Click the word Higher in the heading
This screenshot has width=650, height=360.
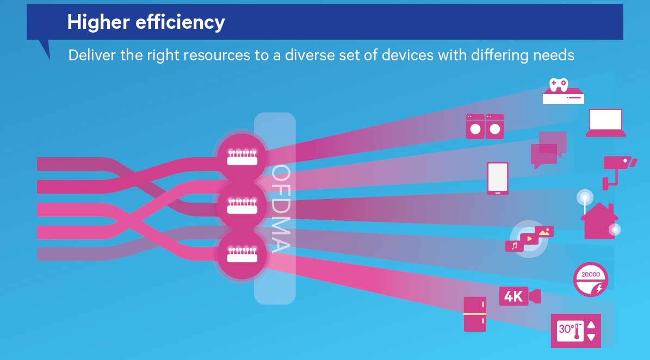coord(98,22)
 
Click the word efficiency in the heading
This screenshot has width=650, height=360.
coord(181,22)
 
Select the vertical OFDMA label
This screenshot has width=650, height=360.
coord(281,208)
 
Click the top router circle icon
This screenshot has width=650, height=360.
coord(242,157)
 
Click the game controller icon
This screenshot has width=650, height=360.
coord(559,84)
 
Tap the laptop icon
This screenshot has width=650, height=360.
coord(605,122)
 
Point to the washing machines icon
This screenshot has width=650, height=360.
coord(485,126)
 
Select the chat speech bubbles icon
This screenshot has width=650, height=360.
coord(548,150)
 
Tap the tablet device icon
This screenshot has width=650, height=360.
coord(498,178)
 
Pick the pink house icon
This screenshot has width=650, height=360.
coord(599,221)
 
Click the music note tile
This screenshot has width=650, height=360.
coord(514,246)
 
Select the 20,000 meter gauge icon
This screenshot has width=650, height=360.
coord(590,279)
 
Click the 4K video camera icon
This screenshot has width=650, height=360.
coord(520,296)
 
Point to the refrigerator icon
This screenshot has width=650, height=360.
coord(475,314)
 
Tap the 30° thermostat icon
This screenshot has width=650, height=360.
coord(576,331)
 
